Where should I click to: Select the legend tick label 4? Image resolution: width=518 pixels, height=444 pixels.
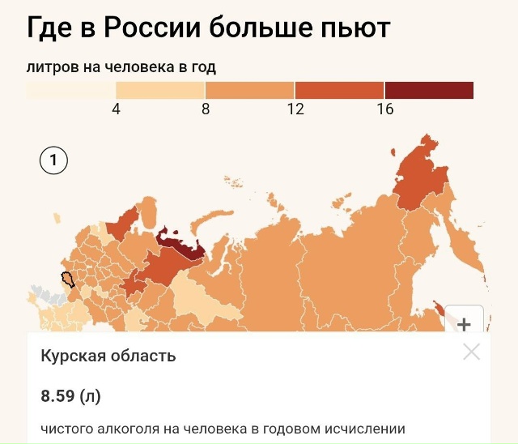[116, 109]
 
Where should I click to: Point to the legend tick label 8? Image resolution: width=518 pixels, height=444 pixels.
[206, 109]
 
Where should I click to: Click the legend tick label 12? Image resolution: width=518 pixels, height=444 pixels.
[295, 109]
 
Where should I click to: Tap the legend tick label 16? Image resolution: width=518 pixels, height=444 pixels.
[385, 109]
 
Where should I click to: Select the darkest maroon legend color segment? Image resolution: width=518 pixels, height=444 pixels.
[429, 90]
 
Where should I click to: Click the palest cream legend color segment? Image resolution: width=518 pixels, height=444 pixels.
[71, 90]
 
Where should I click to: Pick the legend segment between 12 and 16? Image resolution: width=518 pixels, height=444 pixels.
[340, 90]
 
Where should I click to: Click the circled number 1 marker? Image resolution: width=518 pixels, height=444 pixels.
[54, 161]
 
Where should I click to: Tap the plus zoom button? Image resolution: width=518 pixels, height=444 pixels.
[465, 324]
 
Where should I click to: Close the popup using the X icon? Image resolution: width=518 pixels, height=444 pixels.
[471, 352]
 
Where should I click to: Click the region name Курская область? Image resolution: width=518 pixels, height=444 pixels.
[108, 356]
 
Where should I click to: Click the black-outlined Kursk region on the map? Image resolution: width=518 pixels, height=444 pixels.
[68, 280]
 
